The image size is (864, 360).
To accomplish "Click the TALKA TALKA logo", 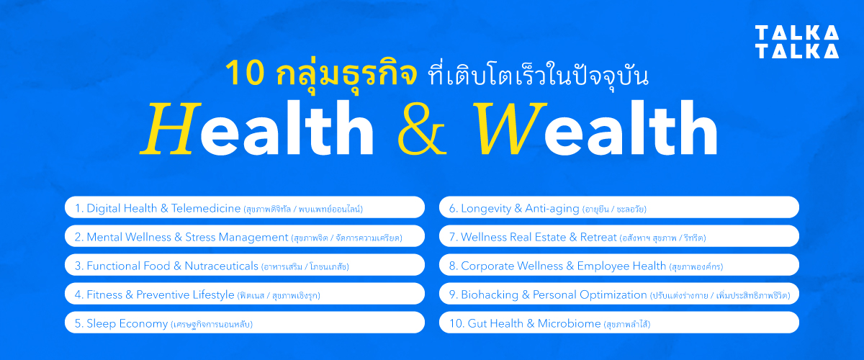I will point(797,42).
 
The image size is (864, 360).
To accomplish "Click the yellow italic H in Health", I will point(170,130).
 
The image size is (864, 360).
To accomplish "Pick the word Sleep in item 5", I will point(102,323).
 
